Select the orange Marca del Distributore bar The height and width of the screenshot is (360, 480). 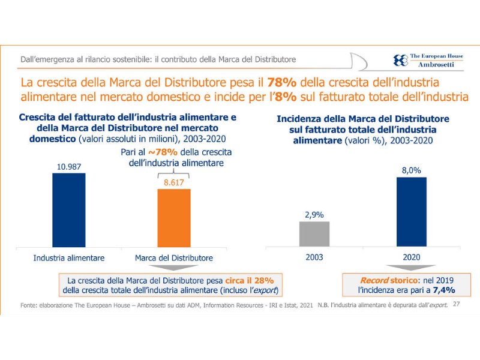pos(173,217)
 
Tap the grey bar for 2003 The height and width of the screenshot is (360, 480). pos(314,234)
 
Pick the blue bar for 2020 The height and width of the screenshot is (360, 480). pos(411,211)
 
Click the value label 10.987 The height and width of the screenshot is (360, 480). pos(68,167)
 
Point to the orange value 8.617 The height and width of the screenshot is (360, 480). pos(173,182)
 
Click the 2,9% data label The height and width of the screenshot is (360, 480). pos(314,214)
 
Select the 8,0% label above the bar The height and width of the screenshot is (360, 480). pos(411,170)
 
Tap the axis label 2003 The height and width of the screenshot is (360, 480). pos(314,257)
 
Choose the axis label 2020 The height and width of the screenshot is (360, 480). pos(411,257)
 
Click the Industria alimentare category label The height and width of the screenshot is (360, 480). pos(69,257)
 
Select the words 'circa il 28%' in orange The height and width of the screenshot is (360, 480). pos(250,280)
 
